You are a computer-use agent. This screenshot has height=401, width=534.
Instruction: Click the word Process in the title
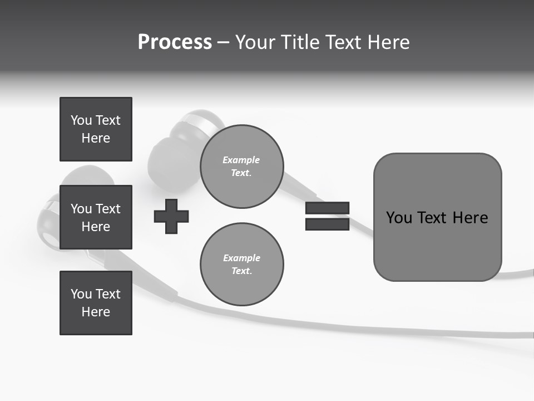pyautogui.click(x=175, y=42)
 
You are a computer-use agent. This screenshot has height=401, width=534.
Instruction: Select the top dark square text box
pyautogui.click(x=96, y=129)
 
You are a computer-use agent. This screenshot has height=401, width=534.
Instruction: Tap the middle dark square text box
pyautogui.click(x=96, y=217)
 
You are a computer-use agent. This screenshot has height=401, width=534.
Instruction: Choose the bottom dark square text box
pyautogui.click(x=96, y=302)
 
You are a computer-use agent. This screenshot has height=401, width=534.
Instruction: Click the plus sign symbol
pyautogui.click(x=171, y=216)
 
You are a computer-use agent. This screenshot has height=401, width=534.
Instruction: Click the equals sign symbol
pyautogui.click(x=327, y=216)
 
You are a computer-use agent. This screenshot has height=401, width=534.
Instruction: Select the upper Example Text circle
pyautogui.click(x=241, y=167)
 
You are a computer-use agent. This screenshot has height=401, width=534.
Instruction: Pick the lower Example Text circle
pyautogui.click(x=241, y=265)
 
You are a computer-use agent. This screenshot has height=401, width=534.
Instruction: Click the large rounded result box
pyautogui.click(x=437, y=217)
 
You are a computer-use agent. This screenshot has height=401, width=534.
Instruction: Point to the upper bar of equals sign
pyautogui.click(x=327, y=208)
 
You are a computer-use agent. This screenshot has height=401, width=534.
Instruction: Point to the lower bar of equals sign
pyautogui.click(x=327, y=224)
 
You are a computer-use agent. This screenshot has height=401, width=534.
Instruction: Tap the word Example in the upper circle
pyautogui.click(x=241, y=160)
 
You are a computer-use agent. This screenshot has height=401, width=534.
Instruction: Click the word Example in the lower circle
pyautogui.click(x=241, y=258)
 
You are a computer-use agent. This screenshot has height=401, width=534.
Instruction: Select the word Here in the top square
pyautogui.click(x=96, y=138)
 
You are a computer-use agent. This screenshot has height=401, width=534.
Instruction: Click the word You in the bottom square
pyautogui.click(x=81, y=294)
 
